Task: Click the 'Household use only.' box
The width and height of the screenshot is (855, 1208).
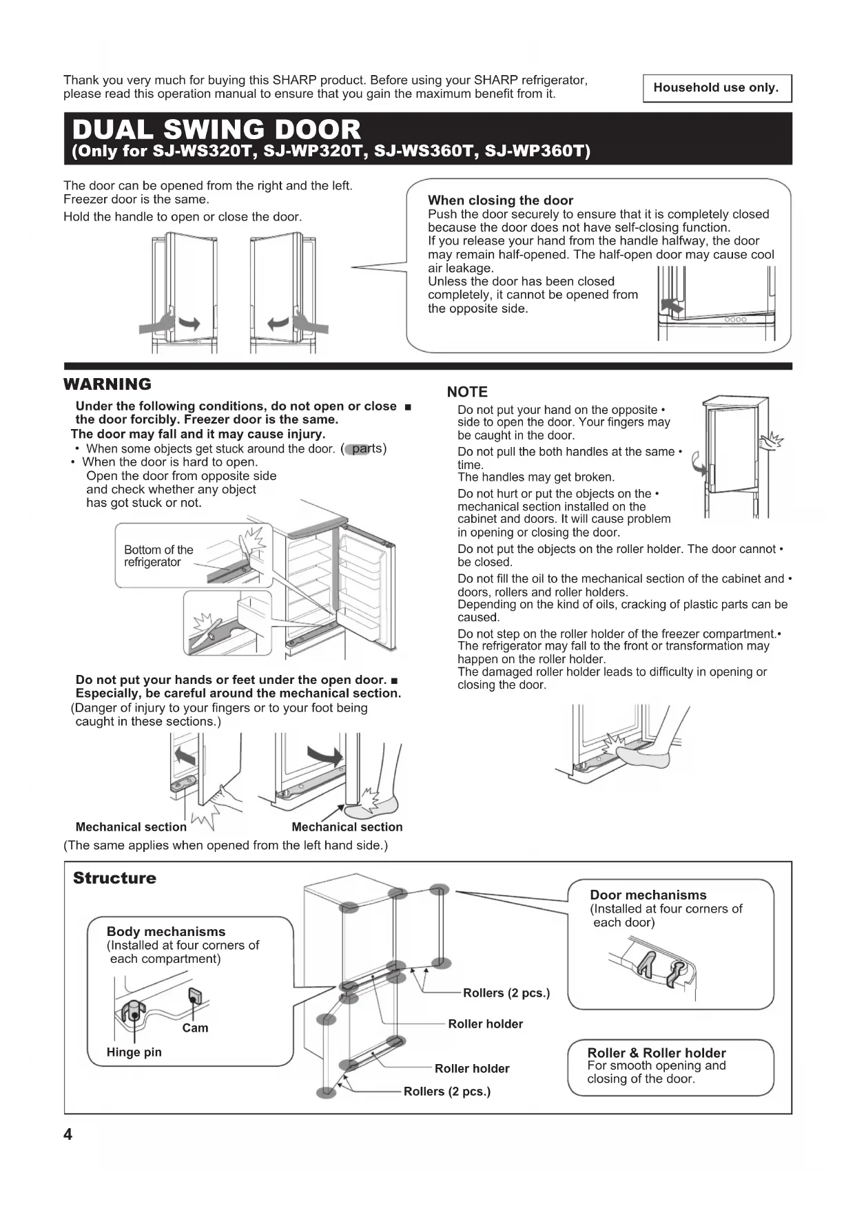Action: coord(717,88)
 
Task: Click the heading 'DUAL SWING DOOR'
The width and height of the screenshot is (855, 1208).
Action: coord(216,129)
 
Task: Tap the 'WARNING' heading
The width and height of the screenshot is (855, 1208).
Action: coord(107,384)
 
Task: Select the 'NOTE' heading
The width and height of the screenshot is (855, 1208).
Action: coord(467,392)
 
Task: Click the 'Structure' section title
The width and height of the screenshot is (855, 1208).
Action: coord(114,878)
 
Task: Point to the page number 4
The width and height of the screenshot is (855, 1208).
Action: coord(68,1134)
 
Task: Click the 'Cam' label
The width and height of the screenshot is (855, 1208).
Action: coord(195,1028)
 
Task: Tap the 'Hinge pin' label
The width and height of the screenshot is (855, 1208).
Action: coord(134,1052)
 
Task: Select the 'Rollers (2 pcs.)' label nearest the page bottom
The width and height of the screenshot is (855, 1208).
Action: coord(447,1091)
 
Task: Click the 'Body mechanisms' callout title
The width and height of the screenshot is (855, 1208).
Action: coord(166,931)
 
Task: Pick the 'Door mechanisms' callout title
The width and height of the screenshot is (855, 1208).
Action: coord(648,895)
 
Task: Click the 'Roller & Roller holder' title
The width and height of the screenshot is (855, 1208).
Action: coord(656,1052)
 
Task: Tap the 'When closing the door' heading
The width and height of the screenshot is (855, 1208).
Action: coord(500,200)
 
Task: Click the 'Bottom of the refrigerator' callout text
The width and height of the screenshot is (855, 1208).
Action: coord(158,556)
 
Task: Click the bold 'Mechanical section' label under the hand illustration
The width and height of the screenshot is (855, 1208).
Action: coord(131,826)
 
